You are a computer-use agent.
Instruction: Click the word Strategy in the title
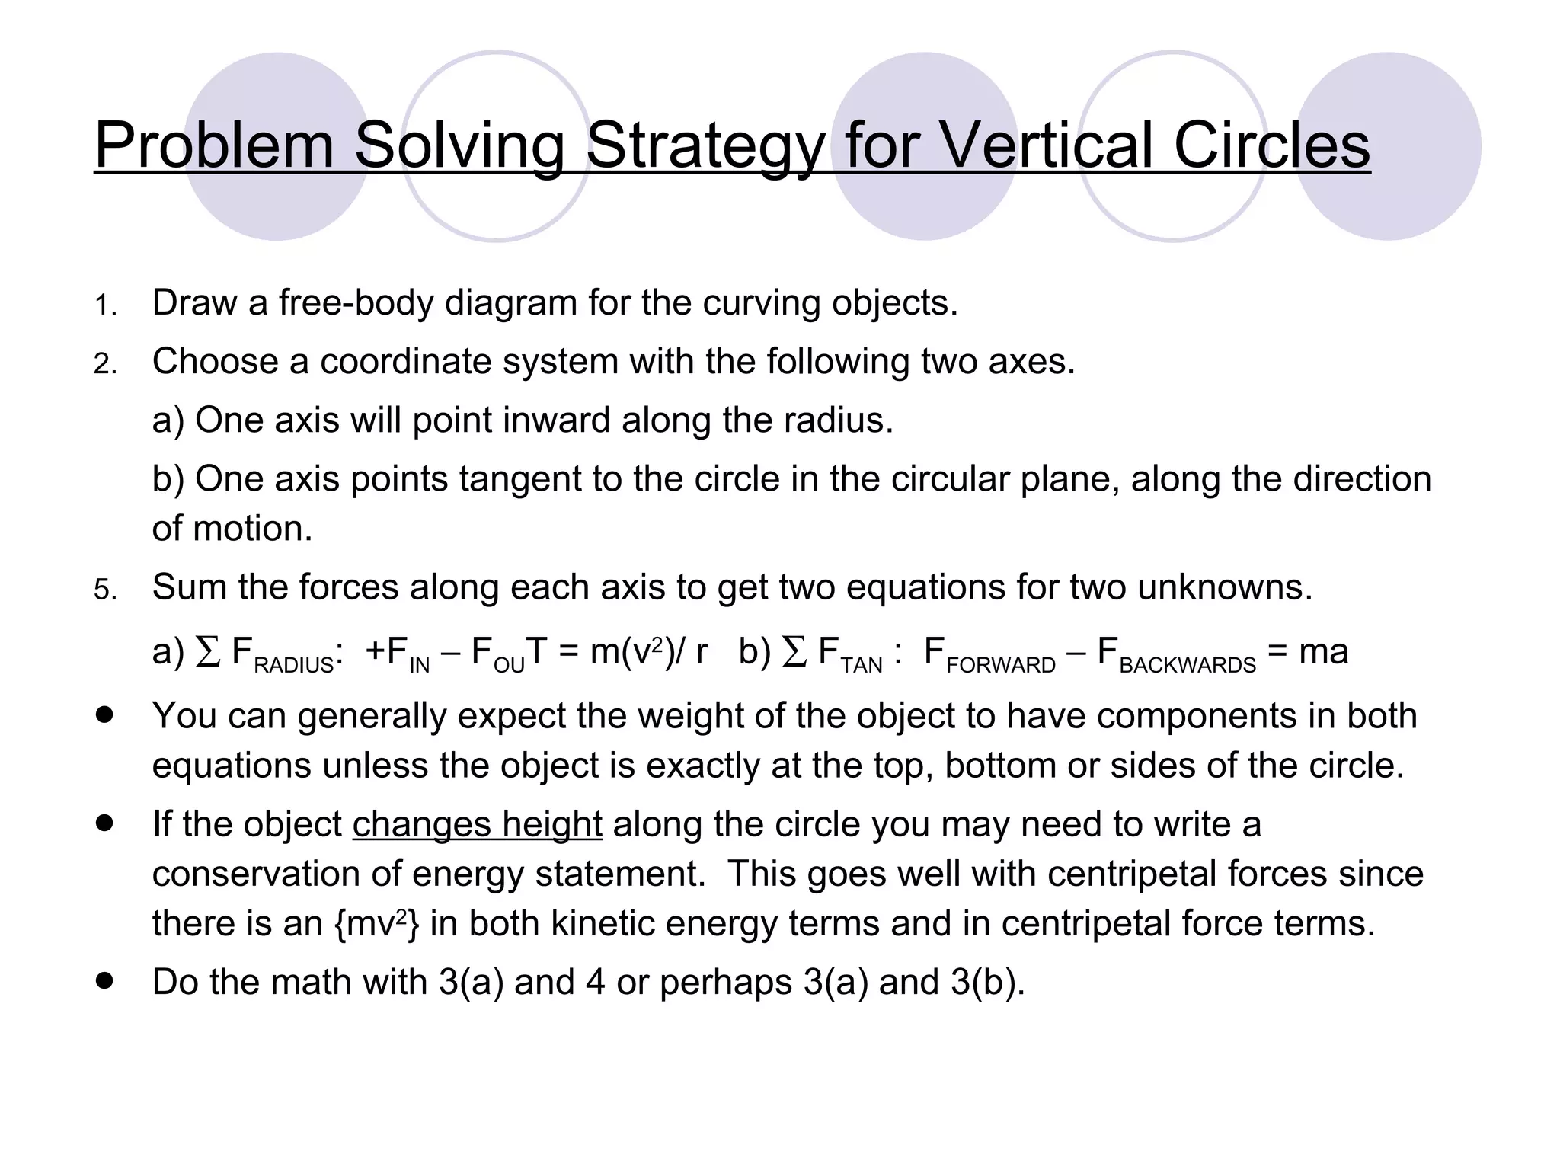click(x=704, y=146)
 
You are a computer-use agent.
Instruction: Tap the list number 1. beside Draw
click(x=105, y=306)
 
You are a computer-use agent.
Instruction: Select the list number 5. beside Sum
click(x=105, y=590)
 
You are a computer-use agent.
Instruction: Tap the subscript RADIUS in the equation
click(x=294, y=666)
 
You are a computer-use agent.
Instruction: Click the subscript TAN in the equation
click(x=861, y=666)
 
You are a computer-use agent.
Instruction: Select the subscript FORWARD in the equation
click(x=1000, y=666)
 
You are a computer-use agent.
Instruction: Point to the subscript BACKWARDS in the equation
click(x=1187, y=666)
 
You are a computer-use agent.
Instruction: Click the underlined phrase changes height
click(x=477, y=824)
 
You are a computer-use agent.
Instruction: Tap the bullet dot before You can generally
click(x=105, y=716)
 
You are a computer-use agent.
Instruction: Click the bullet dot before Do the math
click(x=105, y=980)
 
